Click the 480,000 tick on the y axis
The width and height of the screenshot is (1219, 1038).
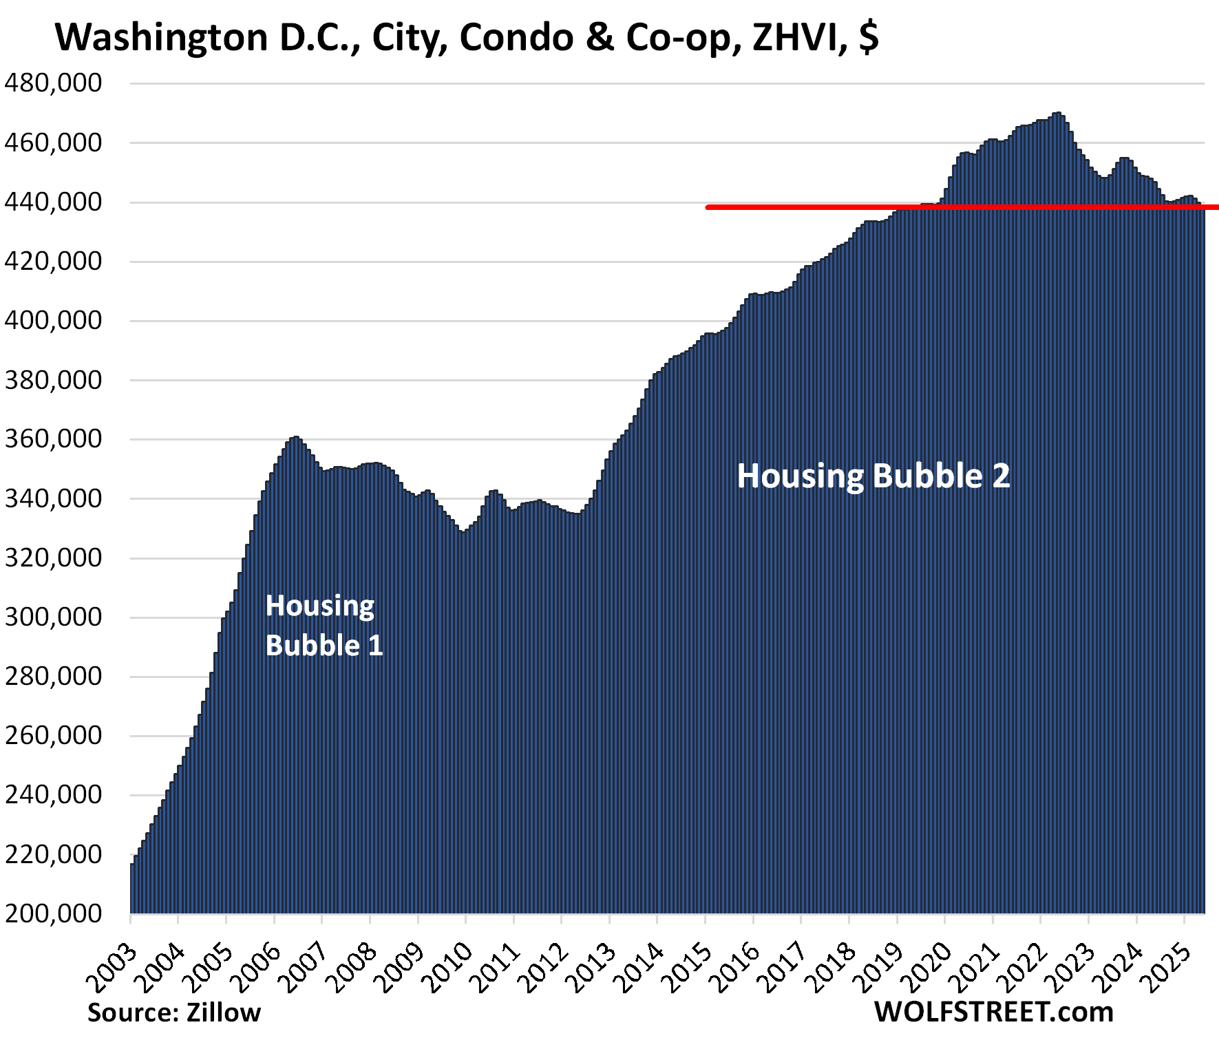pyautogui.click(x=53, y=83)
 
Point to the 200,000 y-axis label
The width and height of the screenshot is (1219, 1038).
pyautogui.click(x=53, y=913)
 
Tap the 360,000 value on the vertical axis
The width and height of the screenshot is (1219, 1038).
pyautogui.click(x=53, y=438)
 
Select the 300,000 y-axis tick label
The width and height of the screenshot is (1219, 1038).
pyautogui.click(x=53, y=617)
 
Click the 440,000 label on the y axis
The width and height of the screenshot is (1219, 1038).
pyautogui.click(x=53, y=202)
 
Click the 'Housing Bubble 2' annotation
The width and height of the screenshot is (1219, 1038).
pyautogui.click(x=873, y=476)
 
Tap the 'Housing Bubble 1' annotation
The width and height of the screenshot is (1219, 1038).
pyautogui.click(x=324, y=625)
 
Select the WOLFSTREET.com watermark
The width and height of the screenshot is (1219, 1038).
pyautogui.click(x=993, y=1012)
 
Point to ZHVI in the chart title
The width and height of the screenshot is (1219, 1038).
pyautogui.click(x=798, y=37)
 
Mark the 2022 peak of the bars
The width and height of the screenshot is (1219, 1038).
pyautogui.click(x=1057, y=114)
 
